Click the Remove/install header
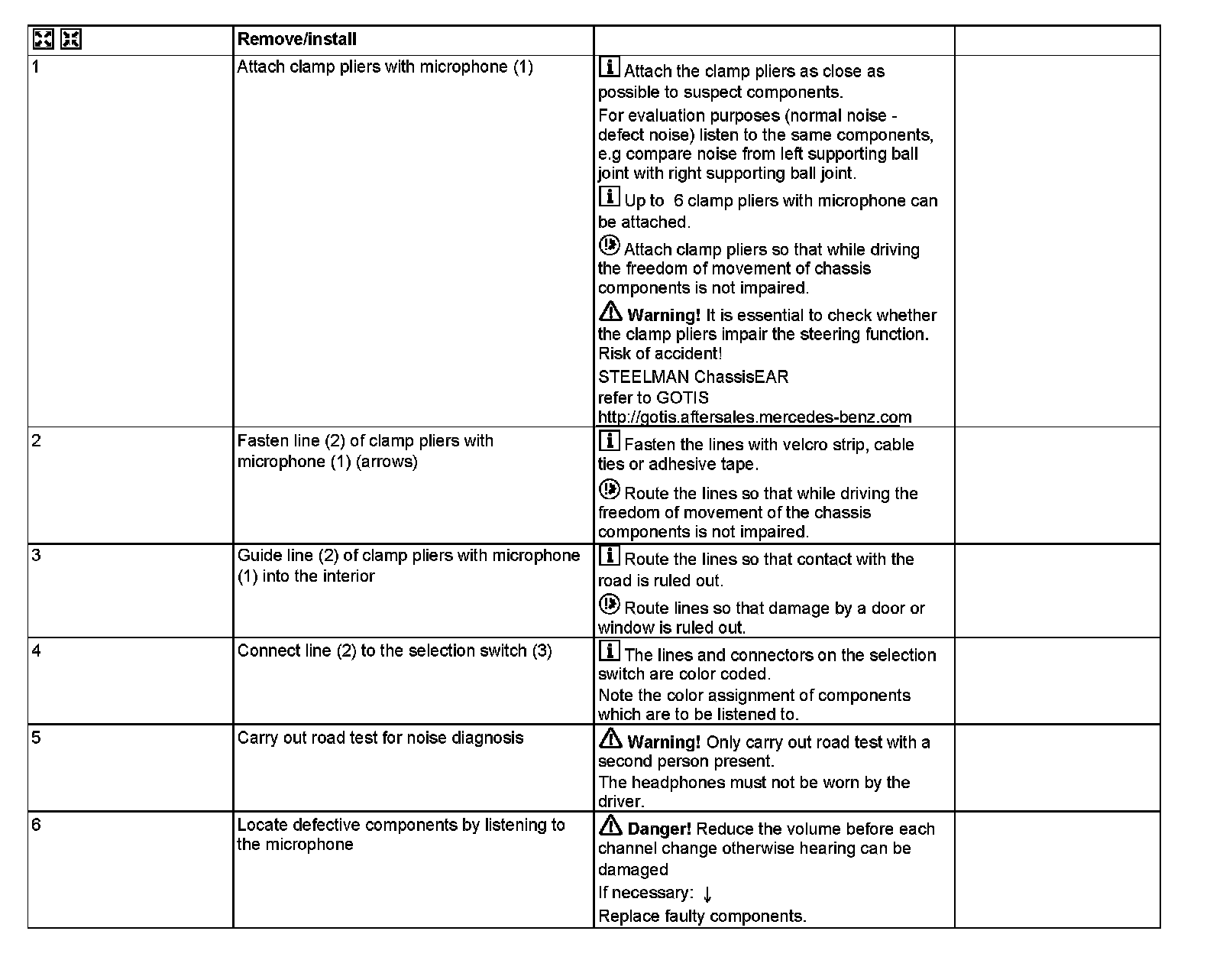pos(296,39)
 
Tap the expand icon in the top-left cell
pos(43,39)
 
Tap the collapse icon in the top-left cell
pos(71,39)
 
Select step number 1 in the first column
pos(36,67)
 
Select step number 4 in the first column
pos(36,650)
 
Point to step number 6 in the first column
pos(36,825)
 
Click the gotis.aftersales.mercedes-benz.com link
pos(755,417)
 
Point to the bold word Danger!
pos(659,829)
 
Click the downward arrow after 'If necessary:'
pos(707,894)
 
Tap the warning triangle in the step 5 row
pos(610,738)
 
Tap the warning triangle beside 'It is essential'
pos(610,312)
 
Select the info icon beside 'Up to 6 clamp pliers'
pos(609,197)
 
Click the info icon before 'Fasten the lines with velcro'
pos(609,441)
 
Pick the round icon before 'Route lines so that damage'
pos(609,605)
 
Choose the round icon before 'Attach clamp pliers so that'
pos(609,246)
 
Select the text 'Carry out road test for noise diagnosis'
pos(380,738)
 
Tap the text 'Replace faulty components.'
pos(702,916)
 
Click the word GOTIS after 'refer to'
pos(682,397)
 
